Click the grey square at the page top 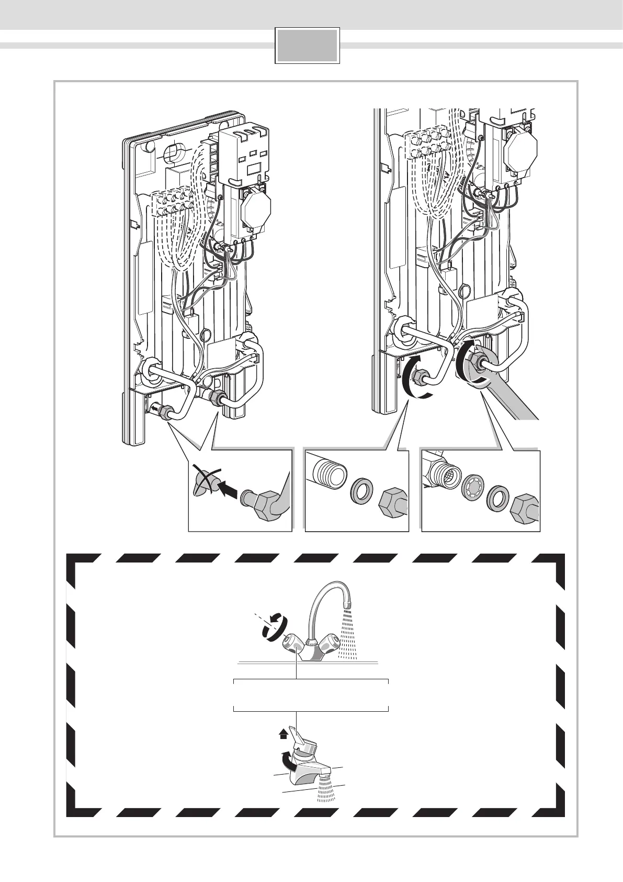pos(307,46)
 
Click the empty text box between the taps pos(311,695)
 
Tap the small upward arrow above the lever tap pos(284,734)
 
